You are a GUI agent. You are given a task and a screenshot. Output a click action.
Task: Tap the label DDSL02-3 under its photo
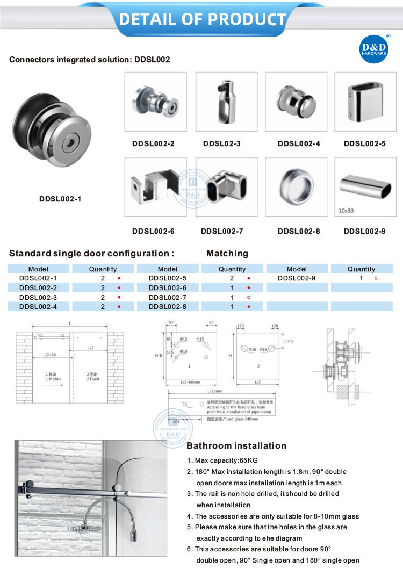[222, 144]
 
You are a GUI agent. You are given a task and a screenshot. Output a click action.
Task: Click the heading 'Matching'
[227, 253]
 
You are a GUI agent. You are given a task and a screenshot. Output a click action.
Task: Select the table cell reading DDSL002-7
[167, 297]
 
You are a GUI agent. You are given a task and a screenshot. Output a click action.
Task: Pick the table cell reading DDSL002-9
[297, 278]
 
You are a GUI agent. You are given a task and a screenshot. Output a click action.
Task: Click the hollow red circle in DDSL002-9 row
[376, 278]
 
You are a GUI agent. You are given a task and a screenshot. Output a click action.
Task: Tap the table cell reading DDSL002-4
[38, 306]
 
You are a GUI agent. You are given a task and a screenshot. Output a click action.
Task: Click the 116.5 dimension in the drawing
[289, 341]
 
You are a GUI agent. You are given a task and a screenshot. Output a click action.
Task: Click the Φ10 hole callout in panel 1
[184, 352]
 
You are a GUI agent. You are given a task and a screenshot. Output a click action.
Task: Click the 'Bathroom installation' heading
[236, 445]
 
